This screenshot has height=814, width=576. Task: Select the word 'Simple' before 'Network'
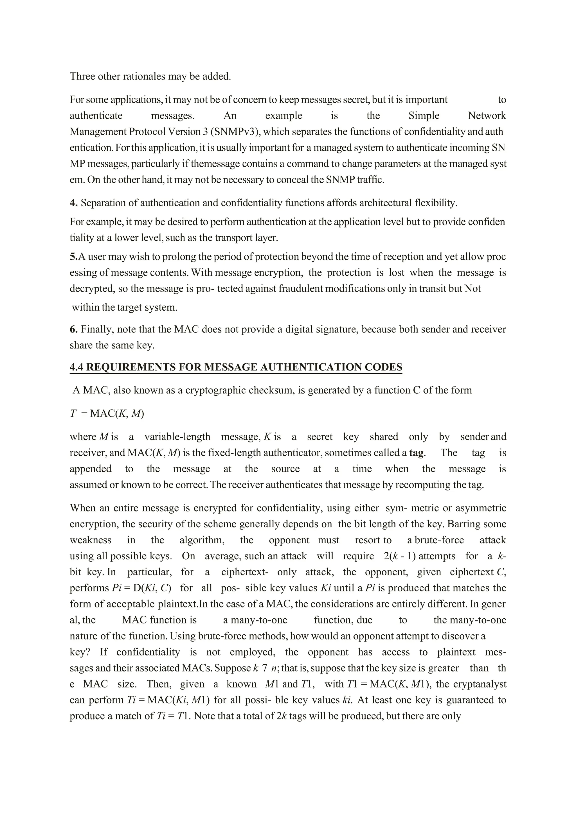pyautogui.click(x=424, y=116)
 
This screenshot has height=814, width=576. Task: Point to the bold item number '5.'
pyautogui.click(x=73, y=256)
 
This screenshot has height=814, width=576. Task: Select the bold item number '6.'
pyautogui.click(x=73, y=329)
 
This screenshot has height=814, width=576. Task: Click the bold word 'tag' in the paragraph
pyautogui.click(x=417, y=453)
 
